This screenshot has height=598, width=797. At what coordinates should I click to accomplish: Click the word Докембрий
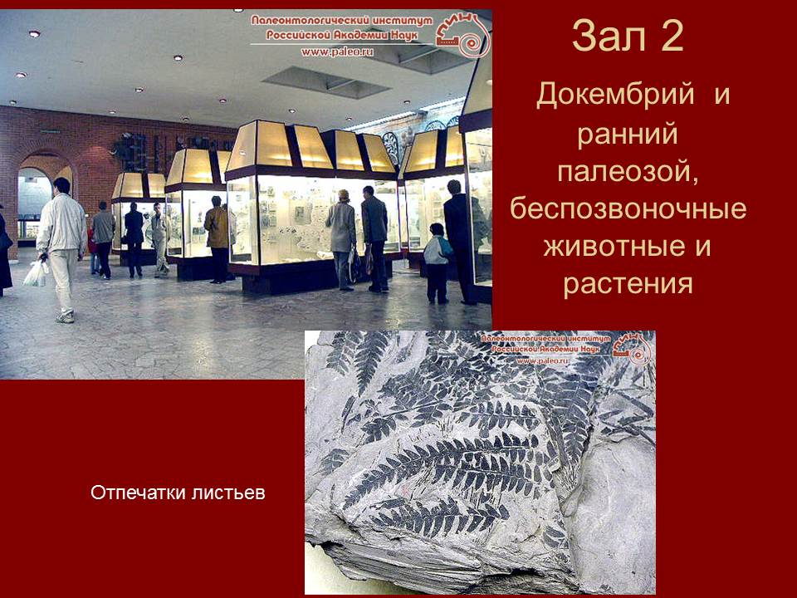tap(615, 95)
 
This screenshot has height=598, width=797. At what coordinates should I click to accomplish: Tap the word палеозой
tap(628, 171)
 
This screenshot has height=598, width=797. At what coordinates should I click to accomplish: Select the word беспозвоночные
tap(628, 208)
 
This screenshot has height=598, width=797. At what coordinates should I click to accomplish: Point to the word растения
tap(628, 284)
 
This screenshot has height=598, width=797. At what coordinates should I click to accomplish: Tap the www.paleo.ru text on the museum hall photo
tap(337, 51)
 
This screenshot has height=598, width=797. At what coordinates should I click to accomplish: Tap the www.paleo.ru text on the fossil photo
tap(542, 360)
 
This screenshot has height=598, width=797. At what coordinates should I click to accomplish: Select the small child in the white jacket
tap(438, 263)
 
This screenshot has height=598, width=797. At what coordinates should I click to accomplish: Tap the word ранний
tap(628, 135)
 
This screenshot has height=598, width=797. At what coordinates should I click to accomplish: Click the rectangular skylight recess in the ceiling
tap(325, 82)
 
